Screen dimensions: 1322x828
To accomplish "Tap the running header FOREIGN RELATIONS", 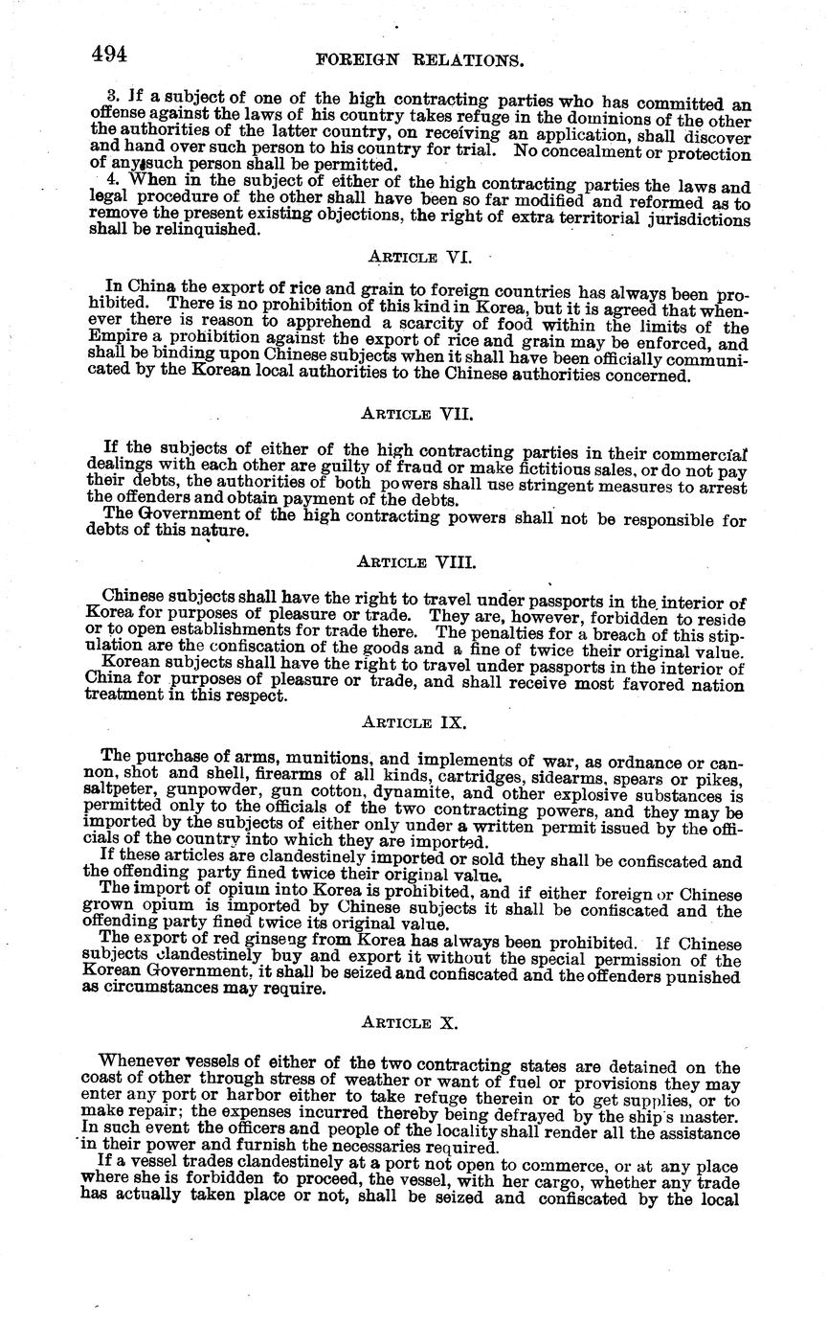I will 419,60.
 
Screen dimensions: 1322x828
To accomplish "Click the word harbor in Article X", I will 243,1094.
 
